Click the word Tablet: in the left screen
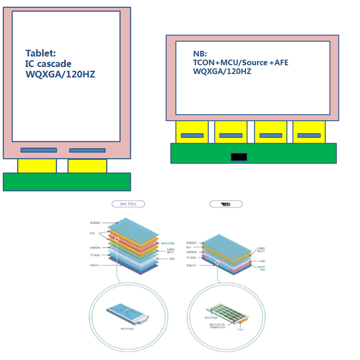click(41, 54)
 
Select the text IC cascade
click(48, 64)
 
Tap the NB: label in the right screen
click(199, 54)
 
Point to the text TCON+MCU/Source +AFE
click(240, 63)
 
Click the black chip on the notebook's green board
click(238, 157)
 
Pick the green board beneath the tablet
click(67, 182)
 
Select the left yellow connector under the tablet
click(37, 166)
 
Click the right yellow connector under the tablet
click(87, 166)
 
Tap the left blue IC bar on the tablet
click(39, 150)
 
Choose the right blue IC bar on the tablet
click(87, 150)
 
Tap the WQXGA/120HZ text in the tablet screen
click(60, 74)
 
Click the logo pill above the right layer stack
click(226, 204)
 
